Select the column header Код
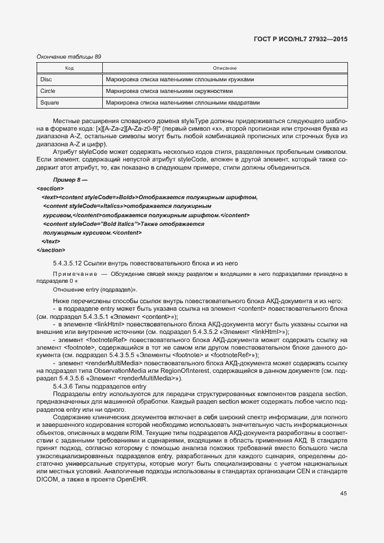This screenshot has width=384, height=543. (69, 69)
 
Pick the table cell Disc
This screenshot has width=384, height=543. (46, 80)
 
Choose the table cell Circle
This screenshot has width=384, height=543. (48, 91)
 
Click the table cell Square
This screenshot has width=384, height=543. (49, 103)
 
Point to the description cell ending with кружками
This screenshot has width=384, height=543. (180, 80)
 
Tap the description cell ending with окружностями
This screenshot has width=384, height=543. (169, 91)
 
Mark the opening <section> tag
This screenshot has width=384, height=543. (51, 189)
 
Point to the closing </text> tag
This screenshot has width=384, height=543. (51, 241)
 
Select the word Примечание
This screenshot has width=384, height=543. (74, 274)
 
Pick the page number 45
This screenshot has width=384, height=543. (343, 494)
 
